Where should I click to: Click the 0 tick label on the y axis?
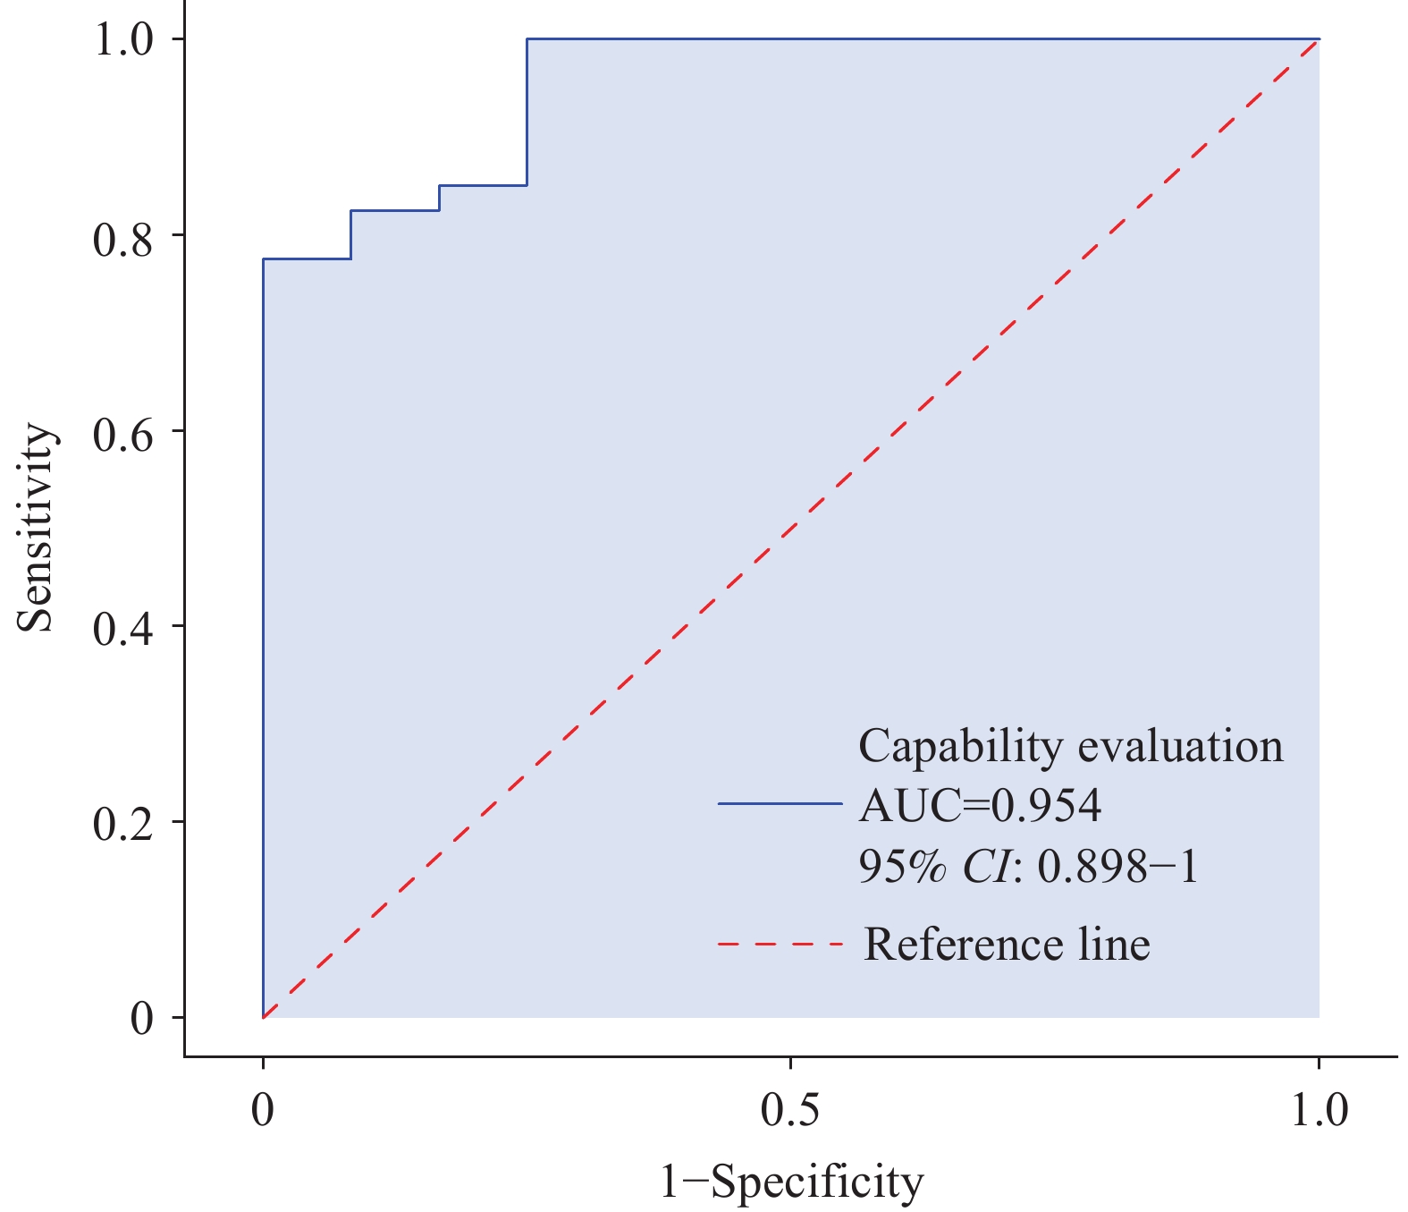coord(142,1018)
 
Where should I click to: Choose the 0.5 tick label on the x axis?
coord(790,1111)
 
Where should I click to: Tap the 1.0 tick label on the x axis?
coord(1319,1111)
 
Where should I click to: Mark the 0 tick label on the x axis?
coord(263,1111)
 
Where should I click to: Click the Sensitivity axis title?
coord(38,528)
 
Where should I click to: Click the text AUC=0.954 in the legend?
coord(980,806)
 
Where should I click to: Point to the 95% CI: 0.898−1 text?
coord(1028,866)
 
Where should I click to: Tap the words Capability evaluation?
coord(1070,746)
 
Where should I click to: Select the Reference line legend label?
coord(1007,945)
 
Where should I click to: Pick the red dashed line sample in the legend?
coord(780,945)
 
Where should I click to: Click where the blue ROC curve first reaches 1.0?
coord(527,39)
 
